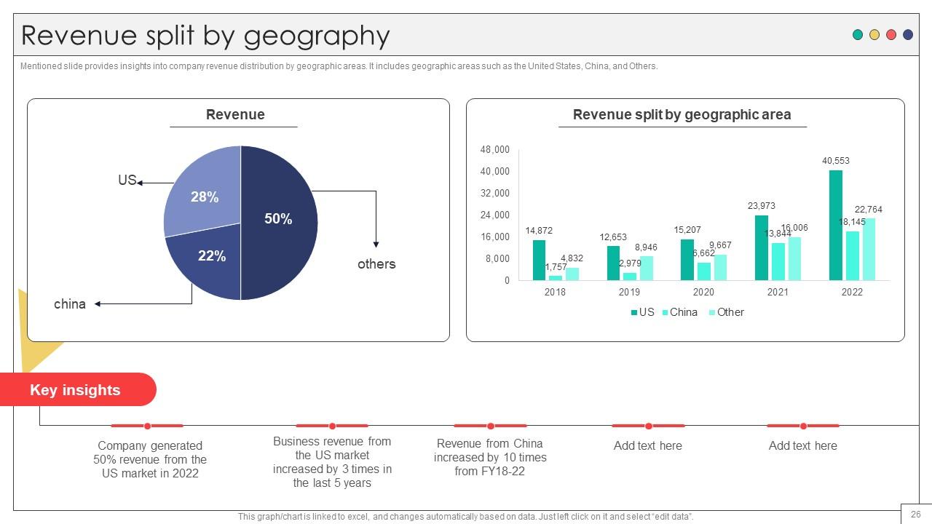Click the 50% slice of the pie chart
279,223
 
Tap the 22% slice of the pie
208,260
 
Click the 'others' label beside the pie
376,264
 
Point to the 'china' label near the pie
70,304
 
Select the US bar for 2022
835,225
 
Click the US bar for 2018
539,260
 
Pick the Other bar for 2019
646,269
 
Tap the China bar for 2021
778,261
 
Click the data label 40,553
835,161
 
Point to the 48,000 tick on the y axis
494,149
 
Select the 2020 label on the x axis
703,292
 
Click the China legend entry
680,312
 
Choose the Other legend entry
727,312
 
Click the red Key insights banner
78,389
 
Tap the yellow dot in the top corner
874,34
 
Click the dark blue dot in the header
908,34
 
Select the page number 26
915,514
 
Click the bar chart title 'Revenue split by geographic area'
682,114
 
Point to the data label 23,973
762,205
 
